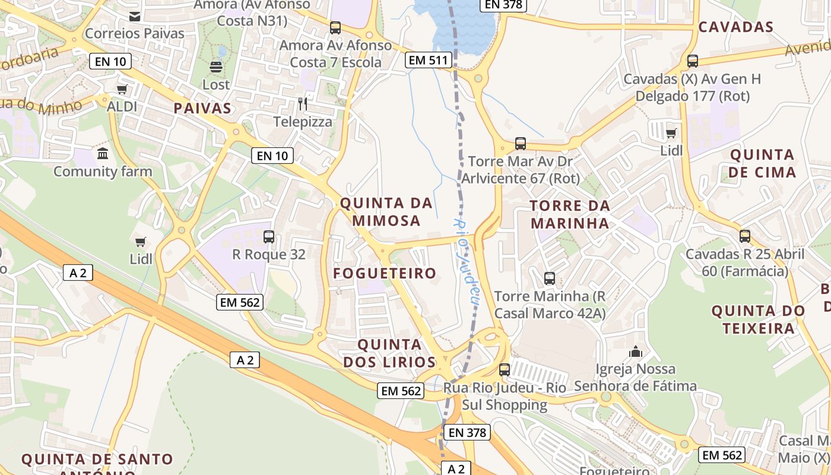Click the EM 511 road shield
click(x=429, y=59)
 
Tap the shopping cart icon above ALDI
click(x=122, y=90)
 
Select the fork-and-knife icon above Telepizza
click(x=303, y=104)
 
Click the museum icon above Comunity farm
click(x=103, y=154)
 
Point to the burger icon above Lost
click(x=215, y=66)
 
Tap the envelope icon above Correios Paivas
click(x=135, y=16)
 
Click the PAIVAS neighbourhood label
click(x=202, y=108)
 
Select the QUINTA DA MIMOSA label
click(x=386, y=212)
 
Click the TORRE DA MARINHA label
click(x=570, y=214)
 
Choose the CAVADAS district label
click(x=736, y=27)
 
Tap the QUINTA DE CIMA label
click(x=762, y=163)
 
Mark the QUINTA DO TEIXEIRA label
click(x=758, y=319)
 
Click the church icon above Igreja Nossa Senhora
click(x=636, y=351)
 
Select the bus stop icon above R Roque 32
click(x=269, y=237)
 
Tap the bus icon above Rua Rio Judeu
click(x=505, y=369)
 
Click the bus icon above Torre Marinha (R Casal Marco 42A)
click(x=550, y=278)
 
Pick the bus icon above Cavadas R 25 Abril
click(x=745, y=236)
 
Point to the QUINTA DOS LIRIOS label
click(x=389, y=353)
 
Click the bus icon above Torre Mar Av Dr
click(x=521, y=143)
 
